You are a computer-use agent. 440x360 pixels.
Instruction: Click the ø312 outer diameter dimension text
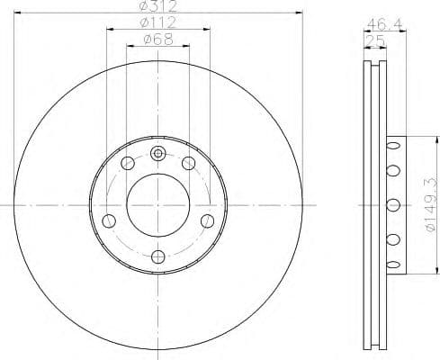(158, 7)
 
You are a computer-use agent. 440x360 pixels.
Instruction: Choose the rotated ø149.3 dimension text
(430, 204)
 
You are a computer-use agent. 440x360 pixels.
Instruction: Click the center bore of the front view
(158, 203)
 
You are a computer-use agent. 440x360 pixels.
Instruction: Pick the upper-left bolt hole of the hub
(128, 163)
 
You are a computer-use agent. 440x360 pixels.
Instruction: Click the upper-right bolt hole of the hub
(189, 163)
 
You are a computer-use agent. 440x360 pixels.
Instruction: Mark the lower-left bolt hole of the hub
(109, 220)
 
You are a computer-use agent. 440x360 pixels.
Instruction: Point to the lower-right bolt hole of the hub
(208, 220)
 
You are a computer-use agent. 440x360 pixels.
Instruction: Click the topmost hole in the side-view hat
(391, 145)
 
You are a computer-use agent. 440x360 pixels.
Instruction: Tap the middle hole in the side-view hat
(391, 204)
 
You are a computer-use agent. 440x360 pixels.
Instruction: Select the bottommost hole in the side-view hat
(391, 264)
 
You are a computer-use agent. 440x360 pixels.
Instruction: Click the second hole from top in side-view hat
(391, 170)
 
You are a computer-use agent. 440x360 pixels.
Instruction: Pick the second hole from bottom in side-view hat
(391, 238)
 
